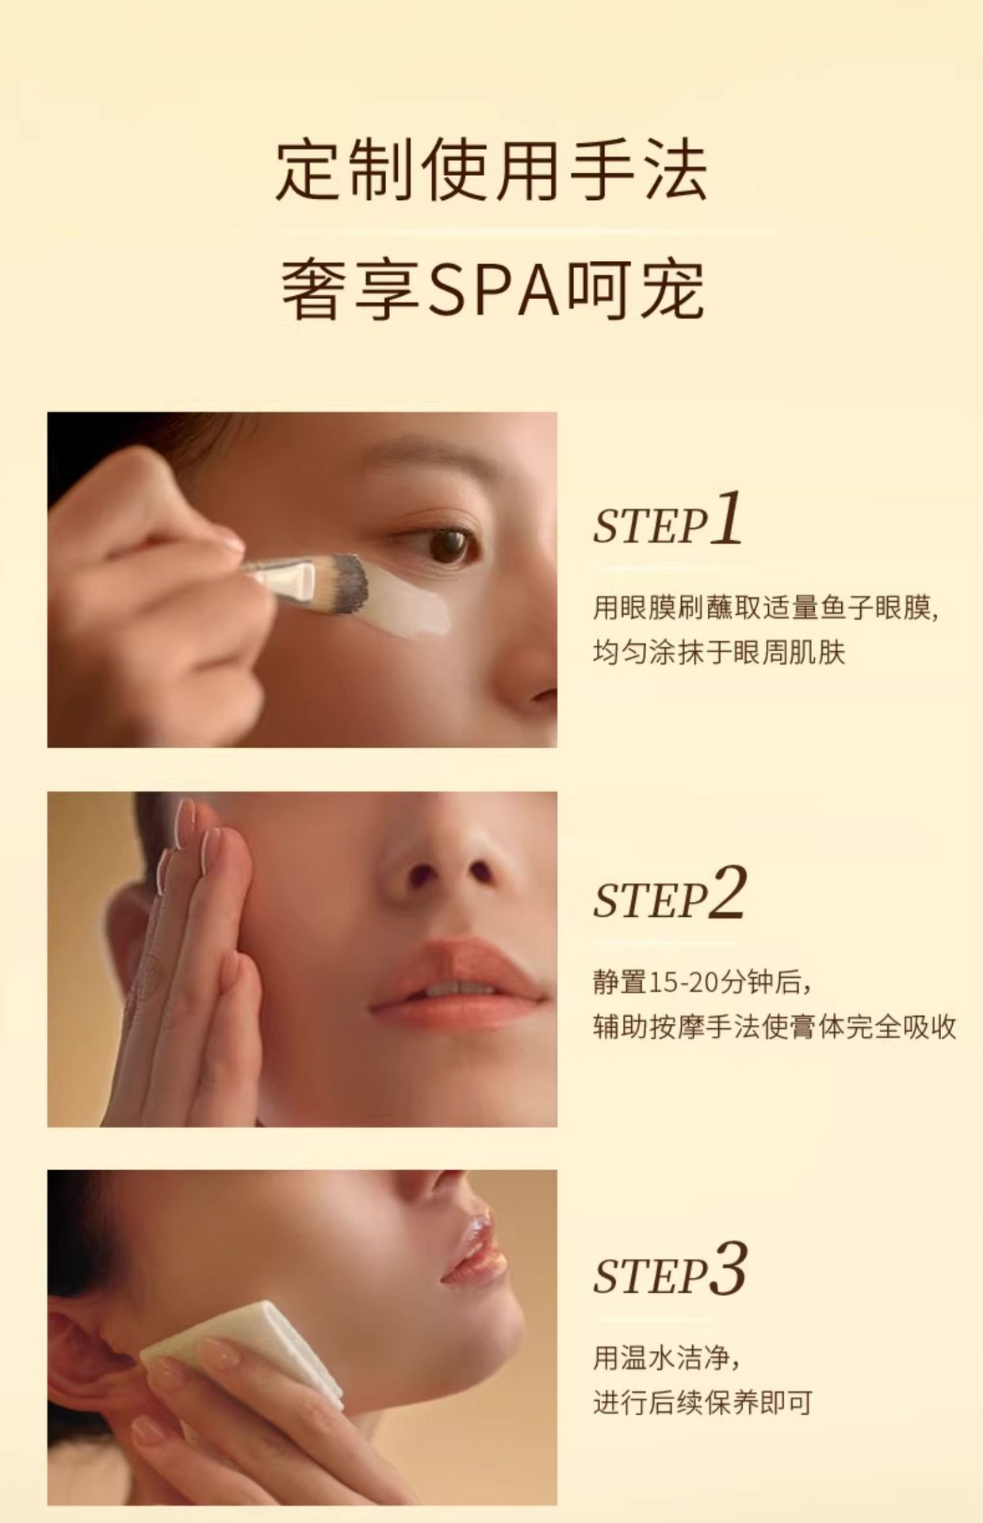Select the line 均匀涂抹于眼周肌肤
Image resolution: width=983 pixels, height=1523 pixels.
click(719, 653)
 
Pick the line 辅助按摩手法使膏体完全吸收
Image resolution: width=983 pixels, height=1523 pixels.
click(775, 1027)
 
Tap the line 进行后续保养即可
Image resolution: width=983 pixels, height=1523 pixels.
click(702, 1402)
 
